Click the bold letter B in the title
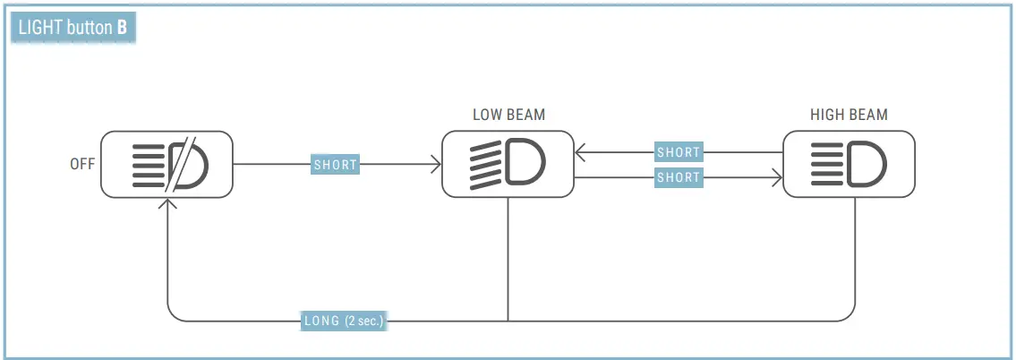pos(122,28)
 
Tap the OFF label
pos(82,165)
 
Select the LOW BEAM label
pos(508,116)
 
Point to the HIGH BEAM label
pos(849,116)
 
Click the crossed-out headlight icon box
pos(166,165)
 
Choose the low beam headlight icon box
pos(508,165)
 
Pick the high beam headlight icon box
pos(849,165)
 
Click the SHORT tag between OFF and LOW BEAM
pos(335,165)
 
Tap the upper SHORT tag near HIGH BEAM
pos(678,152)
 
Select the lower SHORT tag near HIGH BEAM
pos(678,177)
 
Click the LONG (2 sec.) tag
pos(344,321)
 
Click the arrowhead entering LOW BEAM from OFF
pos(437,165)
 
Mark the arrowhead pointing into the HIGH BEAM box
pos(777,177)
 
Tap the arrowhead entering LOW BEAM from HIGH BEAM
pos(580,152)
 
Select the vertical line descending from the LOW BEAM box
pos(508,260)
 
